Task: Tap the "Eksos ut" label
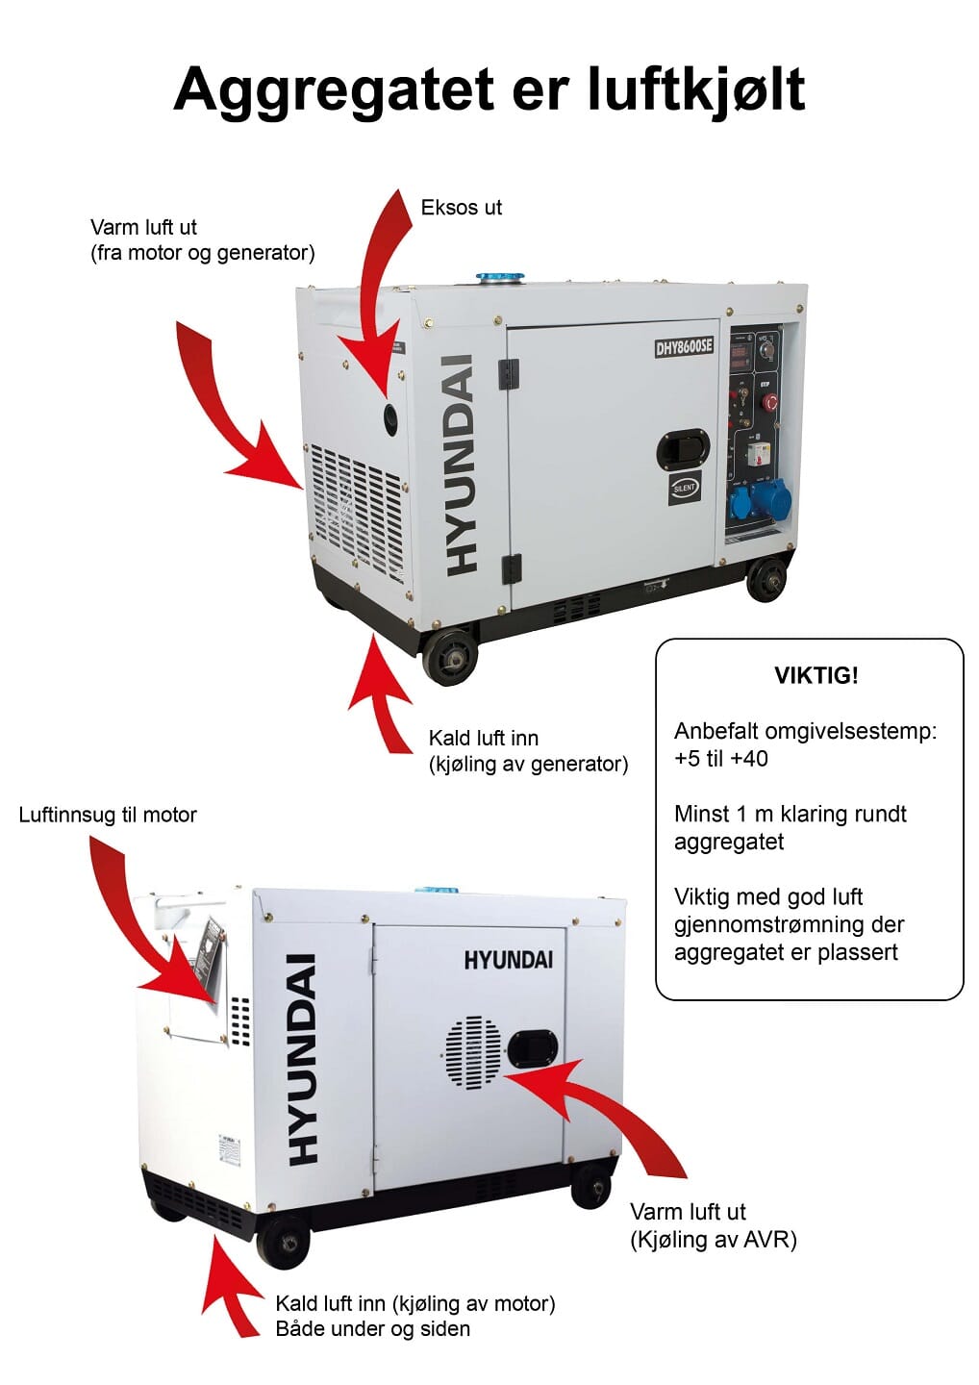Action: pos(461,208)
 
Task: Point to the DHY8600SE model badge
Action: pos(684,346)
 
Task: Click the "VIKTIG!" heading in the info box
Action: pos(816,675)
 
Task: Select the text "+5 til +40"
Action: pos(720,759)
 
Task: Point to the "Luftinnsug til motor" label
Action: pos(108,816)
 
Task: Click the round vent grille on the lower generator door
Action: pos(473,1052)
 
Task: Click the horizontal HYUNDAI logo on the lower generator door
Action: pos(508,960)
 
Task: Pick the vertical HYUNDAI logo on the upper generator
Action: pos(463,466)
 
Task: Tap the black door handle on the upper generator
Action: pos(683,448)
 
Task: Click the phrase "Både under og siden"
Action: pos(372,1329)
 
